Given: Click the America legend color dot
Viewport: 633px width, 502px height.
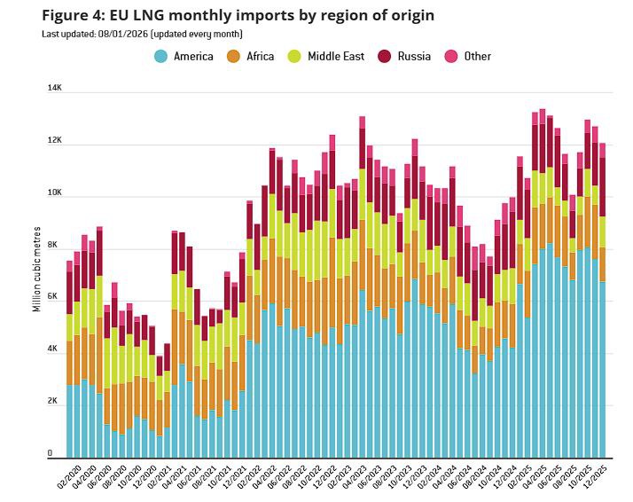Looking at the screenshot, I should tap(160, 56).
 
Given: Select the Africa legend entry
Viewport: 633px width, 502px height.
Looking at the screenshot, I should tap(251, 56).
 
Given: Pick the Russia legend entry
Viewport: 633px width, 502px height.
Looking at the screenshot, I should tap(405, 56).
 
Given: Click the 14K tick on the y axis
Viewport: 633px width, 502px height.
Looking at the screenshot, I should tap(55, 89).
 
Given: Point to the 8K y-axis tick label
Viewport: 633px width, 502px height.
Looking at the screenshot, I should tap(52, 245).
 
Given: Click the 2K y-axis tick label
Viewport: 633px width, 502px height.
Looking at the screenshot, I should tap(53, 402).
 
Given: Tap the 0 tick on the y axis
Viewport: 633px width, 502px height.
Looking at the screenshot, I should tap(51, 453).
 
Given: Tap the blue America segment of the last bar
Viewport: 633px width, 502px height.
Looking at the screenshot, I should tap(603, 368).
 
